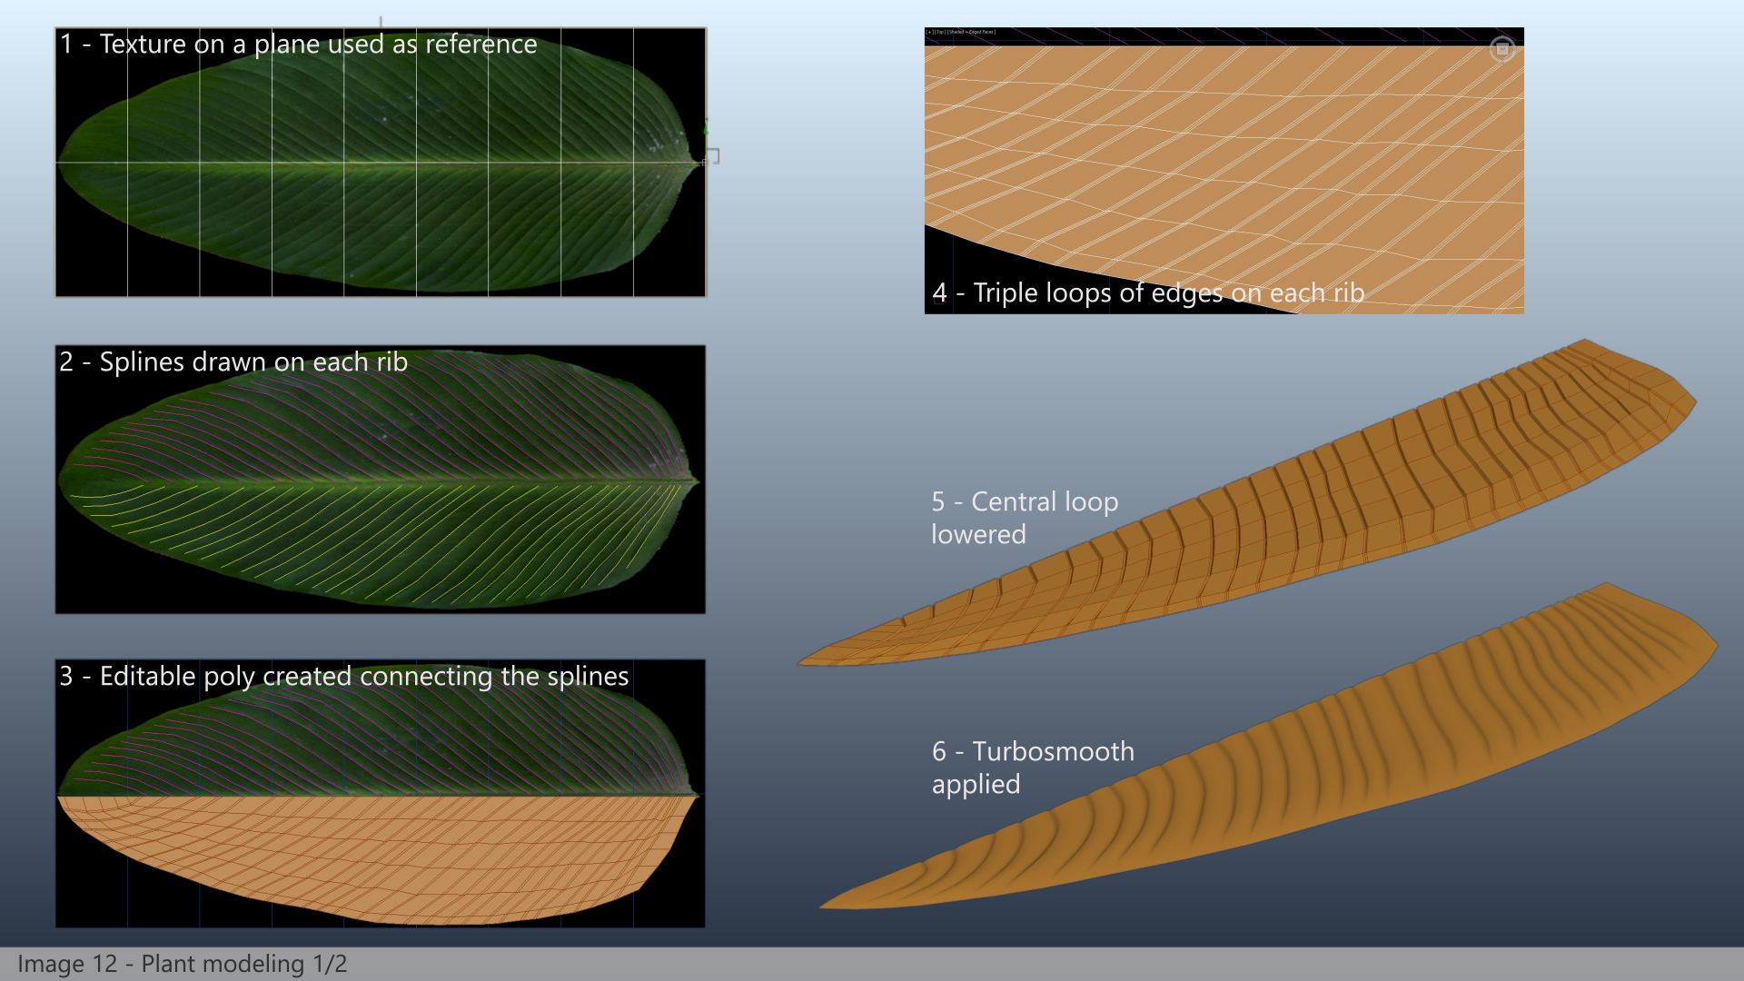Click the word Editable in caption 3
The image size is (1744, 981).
pos(147,676)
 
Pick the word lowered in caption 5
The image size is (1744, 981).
pos(978,534)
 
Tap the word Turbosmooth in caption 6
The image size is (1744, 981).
pos(1053,751)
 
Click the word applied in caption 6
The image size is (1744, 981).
pos(976,785)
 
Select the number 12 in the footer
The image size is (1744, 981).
pos(104,964)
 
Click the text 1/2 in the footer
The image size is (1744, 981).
pos(330,964)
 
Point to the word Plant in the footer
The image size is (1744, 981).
pos(166,964)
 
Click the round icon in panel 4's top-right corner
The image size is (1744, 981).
pos(1502,49)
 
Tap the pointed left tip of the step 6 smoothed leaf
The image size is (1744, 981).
pos(821,906)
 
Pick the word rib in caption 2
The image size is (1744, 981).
pos(391,362)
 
